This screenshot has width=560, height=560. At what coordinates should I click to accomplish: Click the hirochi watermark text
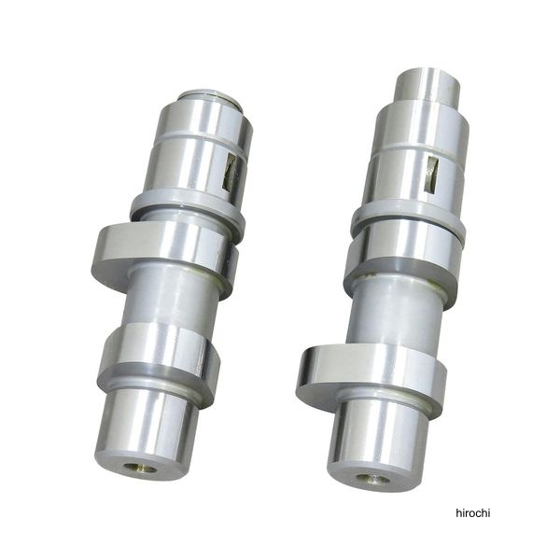pos(473,513)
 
